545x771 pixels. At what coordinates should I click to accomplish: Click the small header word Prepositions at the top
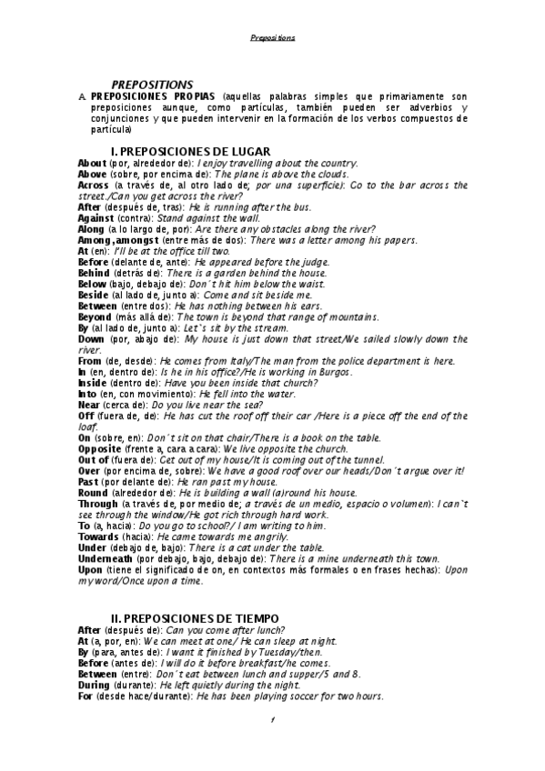coord(273,38)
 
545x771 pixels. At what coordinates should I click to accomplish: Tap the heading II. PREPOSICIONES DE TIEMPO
coord(202,617)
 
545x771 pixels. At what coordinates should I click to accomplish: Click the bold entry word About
coord(93,163)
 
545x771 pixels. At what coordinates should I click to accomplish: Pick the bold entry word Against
coord(97,218)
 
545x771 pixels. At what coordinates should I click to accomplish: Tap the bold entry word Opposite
coord(102,449)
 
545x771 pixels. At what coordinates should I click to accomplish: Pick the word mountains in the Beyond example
coord(350,316)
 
